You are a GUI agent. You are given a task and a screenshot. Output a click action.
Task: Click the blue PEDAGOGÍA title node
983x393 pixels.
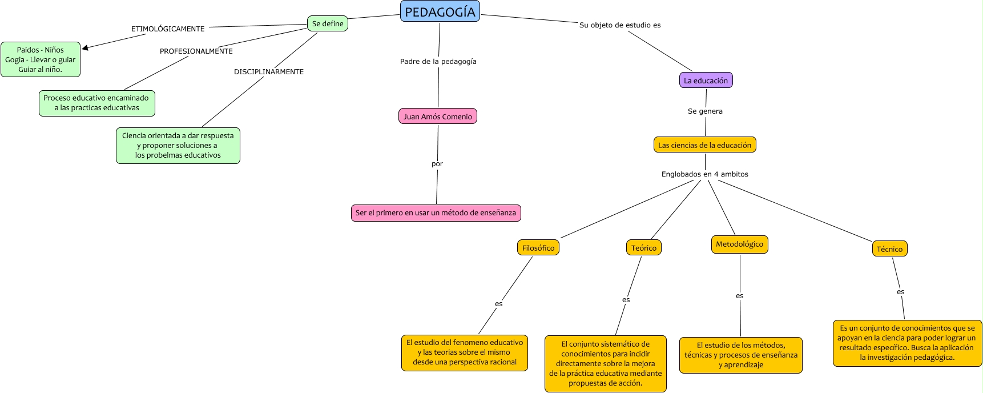pos(440,11)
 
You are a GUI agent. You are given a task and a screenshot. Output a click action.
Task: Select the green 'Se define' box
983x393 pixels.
pos(328,23)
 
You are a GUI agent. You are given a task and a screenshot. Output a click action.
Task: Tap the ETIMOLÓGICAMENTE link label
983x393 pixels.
pos(168,29)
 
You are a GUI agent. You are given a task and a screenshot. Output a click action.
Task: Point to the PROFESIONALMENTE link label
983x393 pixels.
pos(196,51)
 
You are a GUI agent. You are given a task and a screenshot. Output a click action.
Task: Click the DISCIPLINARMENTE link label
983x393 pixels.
pos(269,71)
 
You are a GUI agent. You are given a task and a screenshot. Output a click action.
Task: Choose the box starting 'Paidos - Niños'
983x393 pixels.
pos(41,59)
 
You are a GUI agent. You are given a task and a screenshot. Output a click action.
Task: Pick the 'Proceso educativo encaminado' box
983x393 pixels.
pos(96,103)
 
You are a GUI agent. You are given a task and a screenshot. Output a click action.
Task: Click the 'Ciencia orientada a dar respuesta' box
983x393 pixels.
pos(178,145)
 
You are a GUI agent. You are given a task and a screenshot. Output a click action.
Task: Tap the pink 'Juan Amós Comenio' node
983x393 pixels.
pos(438,117)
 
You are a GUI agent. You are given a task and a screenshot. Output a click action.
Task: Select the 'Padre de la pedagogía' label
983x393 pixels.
pos(438,61)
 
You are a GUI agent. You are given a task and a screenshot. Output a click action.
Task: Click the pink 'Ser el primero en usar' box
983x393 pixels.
pos(436,212)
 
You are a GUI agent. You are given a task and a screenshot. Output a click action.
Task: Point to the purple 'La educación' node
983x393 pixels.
pos(706,81)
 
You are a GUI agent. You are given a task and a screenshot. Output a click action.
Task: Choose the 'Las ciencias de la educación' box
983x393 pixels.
pos(704,145)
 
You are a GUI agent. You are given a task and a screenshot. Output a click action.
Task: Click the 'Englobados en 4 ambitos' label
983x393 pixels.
pos(704,174)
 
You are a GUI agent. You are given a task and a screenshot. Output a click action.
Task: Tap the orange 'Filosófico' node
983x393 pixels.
pos(538,248)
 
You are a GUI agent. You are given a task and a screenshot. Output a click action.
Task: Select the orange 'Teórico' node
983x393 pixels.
pos(643,248)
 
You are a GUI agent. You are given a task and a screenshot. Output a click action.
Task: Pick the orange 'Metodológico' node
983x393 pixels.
pos(739,244)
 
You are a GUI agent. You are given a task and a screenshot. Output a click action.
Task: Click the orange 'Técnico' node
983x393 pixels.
pos(889,248)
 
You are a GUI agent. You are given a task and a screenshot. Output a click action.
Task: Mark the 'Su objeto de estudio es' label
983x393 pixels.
pos(620,25)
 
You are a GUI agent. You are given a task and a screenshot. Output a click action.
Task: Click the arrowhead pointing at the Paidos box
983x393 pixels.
pos(85,48)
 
